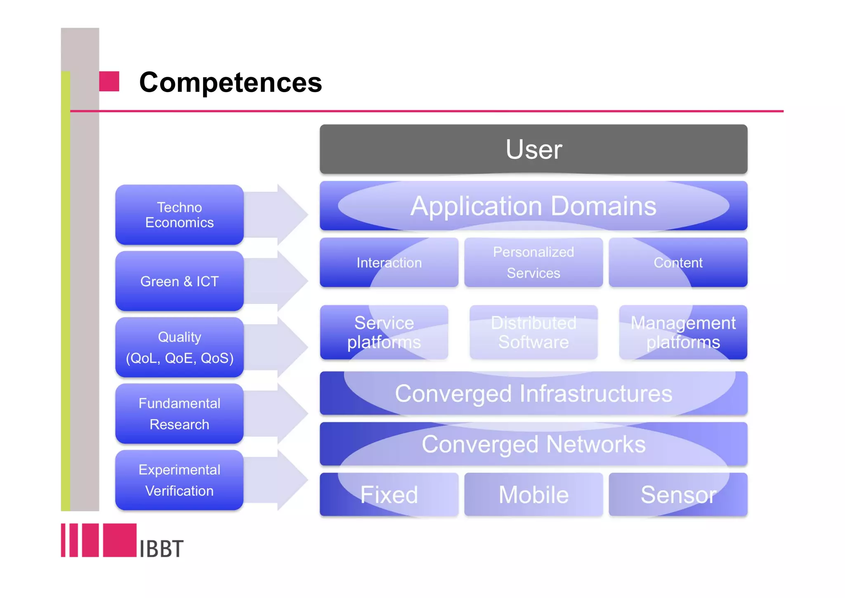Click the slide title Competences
pos(230,82)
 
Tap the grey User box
pos(533,149)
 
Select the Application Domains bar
pos(533,206)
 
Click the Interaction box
pos(389,263)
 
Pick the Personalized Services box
pos(533,263)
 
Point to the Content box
pos(677,263)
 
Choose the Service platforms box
pos(384,332)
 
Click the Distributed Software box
pos(533,332)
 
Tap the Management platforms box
pos(683,332)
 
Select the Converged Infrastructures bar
pos(533,393)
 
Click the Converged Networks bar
pos(533,444)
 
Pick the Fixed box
pos(389,494)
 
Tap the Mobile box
pos(533,494)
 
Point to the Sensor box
pos(677,494)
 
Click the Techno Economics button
pos(179,215)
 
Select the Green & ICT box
pos(179,281)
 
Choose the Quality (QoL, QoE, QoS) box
pos(179,347)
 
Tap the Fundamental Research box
pos(179,413)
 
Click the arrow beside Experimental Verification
pos(281,480)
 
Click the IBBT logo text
pos(161,548)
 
